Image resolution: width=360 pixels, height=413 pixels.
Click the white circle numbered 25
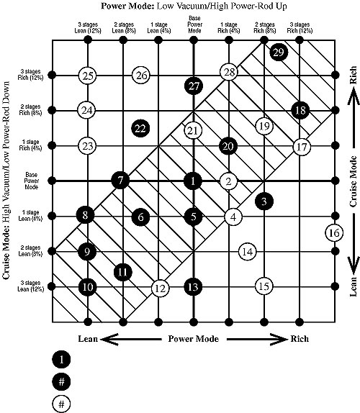point(88,76)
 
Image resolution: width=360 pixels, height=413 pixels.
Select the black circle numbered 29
point(279,52)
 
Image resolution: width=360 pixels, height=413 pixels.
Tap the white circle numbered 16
point(334,233)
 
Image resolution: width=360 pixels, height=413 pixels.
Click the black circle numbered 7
point(120,181)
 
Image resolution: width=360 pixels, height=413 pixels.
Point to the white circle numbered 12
point(161,288)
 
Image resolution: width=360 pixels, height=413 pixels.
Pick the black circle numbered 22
point(140,129)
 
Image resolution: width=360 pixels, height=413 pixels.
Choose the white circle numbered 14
point(248,252)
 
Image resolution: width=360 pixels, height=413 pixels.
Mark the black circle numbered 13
point(194,286)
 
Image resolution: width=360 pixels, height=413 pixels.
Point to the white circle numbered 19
point(264,126)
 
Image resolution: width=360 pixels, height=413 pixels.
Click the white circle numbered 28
point(229,72)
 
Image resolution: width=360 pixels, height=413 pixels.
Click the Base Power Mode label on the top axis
point(194,24)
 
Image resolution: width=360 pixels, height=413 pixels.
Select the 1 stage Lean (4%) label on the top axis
point(159,27)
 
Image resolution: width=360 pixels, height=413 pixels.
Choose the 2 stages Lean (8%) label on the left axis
point(30,250)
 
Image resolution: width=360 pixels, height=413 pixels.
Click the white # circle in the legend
point(61,403)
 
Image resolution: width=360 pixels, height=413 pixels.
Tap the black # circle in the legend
point(61,381)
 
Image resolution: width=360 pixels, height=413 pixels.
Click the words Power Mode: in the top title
point(127,6)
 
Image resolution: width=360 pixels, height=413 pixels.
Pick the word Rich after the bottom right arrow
point(300,339)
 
